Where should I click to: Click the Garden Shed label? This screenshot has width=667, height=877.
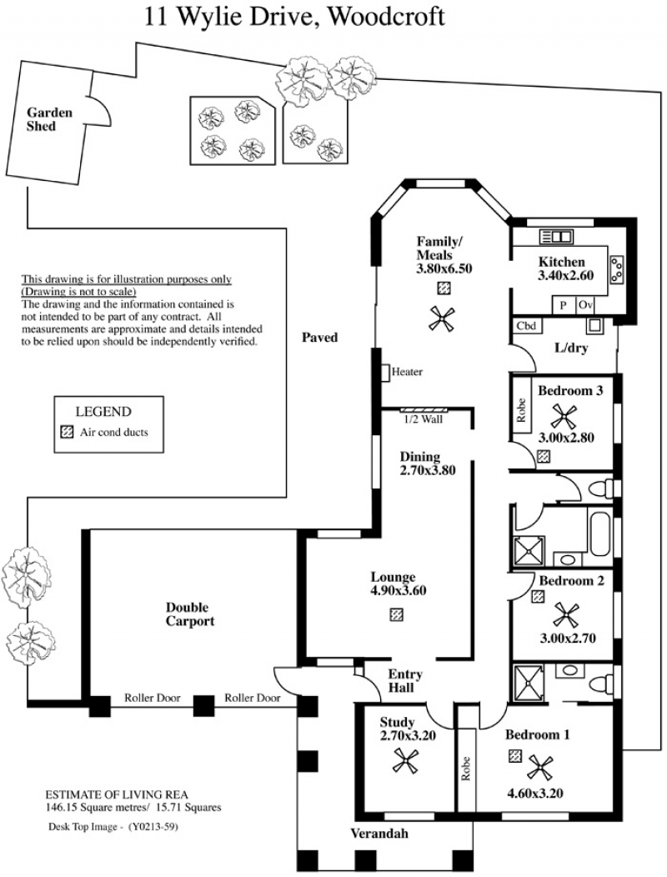(49, 119)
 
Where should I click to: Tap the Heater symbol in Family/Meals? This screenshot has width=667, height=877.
(385, 373)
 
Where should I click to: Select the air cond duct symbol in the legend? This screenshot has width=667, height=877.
(67, 432)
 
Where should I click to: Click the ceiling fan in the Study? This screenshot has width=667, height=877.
(405, 761)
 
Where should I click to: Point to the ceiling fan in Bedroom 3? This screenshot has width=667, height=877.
(564, 415)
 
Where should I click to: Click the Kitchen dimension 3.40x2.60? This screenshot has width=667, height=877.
(566, 275)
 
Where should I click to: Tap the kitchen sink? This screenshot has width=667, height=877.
(556, 237)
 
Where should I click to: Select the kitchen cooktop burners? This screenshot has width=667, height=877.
(617, 269)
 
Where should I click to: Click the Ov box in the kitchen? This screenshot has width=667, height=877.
(584, 305)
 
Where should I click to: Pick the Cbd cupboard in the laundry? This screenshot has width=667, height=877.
(527, 325)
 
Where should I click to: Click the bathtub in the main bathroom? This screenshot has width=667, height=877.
(599, 531)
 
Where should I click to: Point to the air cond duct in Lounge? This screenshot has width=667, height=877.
(396, 614)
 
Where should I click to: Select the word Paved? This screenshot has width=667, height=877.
(319, 338)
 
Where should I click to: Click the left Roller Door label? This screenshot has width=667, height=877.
(153, 698)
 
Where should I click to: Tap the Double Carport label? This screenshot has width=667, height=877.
(190, 614)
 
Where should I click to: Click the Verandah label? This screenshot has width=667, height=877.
(379, 834)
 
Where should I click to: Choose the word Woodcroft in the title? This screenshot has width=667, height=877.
(385, 16)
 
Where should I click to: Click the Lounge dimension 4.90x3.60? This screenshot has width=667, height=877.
(399, 590)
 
